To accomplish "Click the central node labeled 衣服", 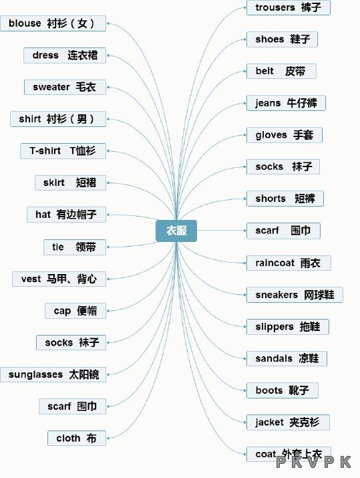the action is coord(176,231).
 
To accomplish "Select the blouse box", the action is coord(53,23).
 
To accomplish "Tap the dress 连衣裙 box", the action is coord(65,55).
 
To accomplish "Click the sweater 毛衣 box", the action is coord(65,87).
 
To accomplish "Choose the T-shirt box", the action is coord(63,151).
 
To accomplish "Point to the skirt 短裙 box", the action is coord(70,183).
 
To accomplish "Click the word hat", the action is coord(43,215).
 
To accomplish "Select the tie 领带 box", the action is coord(75,247).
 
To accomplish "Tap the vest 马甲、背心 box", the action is coord(59,279).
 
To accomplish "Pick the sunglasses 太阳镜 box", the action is coord(53,374).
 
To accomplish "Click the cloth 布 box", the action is coord(77,438).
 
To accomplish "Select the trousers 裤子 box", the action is coord(289,7).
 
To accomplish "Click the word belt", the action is coord(264,71).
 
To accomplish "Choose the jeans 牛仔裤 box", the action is coord(286,103).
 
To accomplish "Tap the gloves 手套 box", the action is coord(285,135).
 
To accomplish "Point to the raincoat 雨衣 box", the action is coord(289,263).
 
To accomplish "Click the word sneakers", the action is coord(277,295).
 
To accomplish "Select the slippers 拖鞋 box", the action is coord(288,327).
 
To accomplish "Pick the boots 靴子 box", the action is coord(283,390).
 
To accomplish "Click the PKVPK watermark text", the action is coord(314,462).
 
